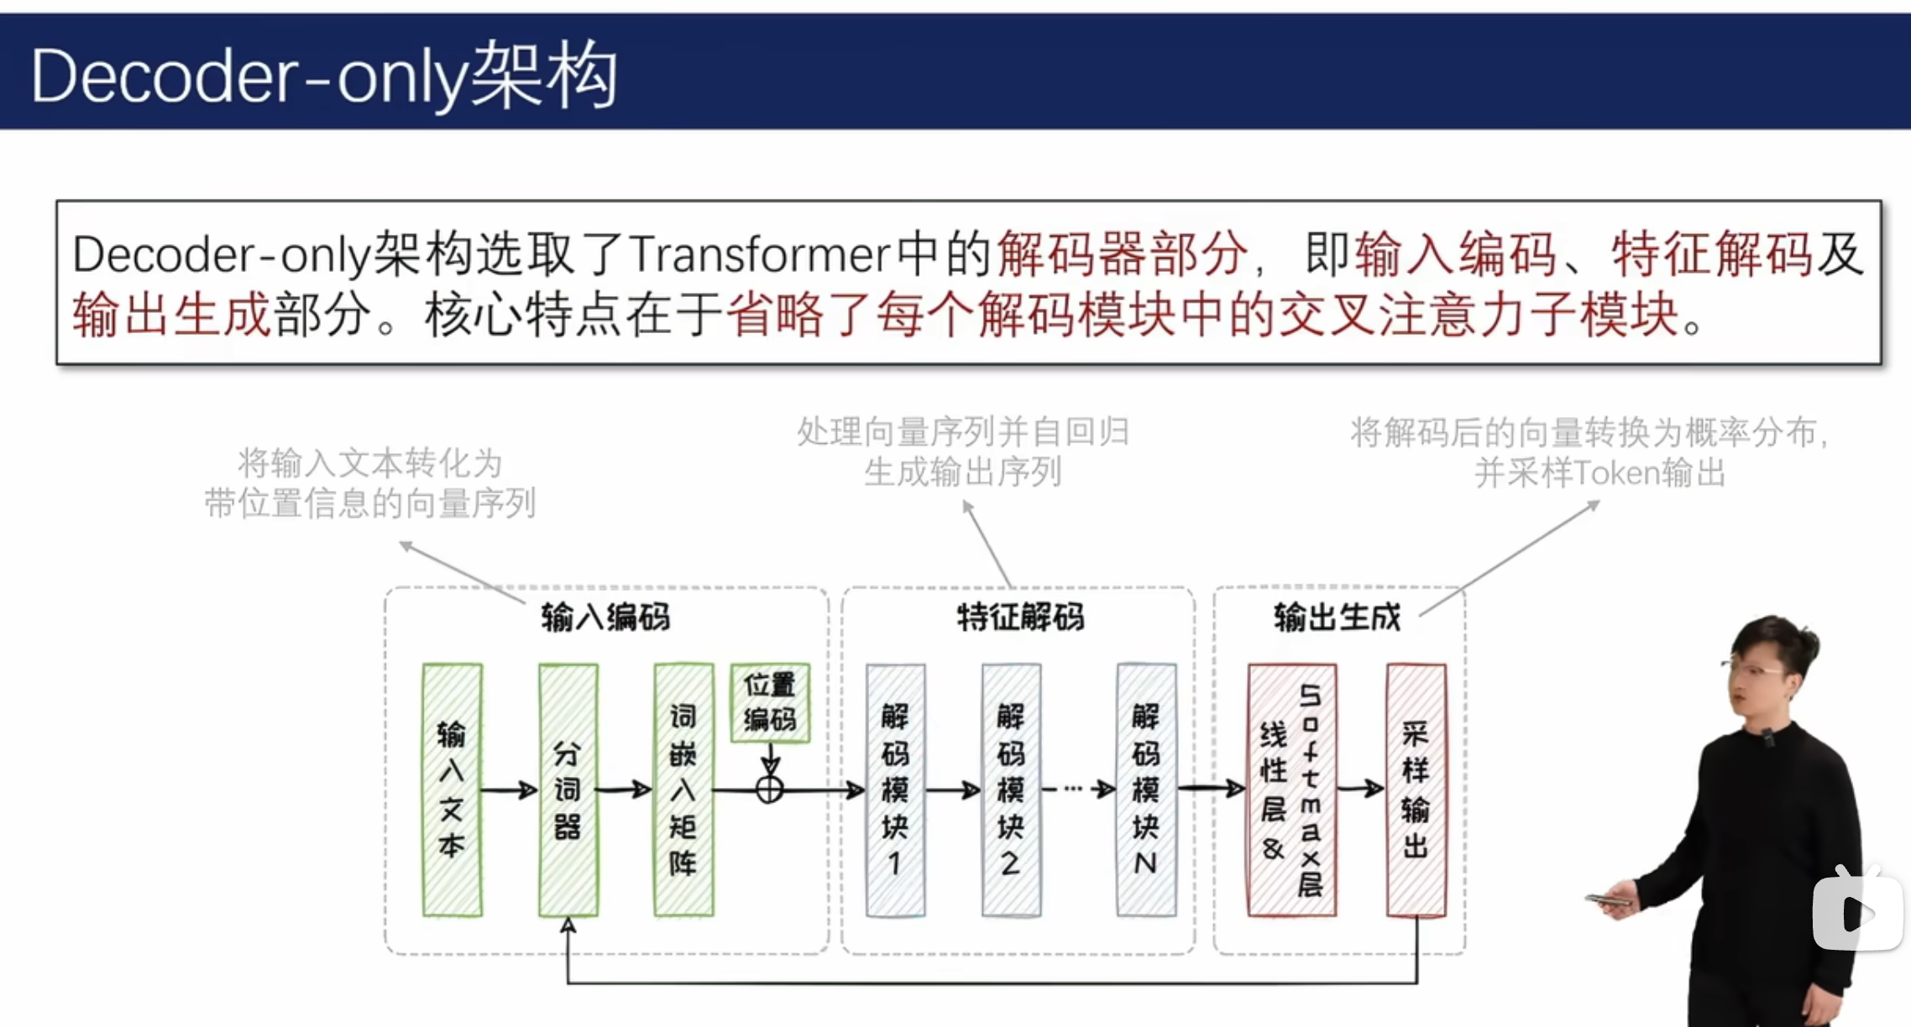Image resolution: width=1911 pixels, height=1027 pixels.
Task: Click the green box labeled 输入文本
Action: (x=453, y=790)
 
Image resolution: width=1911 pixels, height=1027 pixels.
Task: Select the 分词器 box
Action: (x=568, y=790)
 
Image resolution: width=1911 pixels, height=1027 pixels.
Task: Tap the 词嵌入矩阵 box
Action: (x=683, y=790)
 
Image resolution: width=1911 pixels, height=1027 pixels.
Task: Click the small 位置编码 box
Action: (x=770, y=702)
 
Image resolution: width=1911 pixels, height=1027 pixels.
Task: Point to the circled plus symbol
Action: (x=770, y=790)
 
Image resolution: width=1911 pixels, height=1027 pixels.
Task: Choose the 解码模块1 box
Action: (x=896, y=790)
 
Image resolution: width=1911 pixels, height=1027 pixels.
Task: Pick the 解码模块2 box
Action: (x=1011, y=790)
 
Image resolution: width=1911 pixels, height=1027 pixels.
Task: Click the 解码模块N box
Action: (x=1146, y=790)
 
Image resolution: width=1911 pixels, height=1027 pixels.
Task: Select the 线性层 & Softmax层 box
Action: (x=1291, y=790)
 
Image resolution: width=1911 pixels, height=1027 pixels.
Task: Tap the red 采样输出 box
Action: (x=1416, y=790)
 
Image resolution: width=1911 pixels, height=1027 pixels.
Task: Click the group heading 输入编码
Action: (x=605, y=618)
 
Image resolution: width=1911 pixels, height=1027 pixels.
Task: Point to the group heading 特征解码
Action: (x=1020, y=618)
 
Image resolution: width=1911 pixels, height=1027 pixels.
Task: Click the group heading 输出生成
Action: (x=1337, y=618)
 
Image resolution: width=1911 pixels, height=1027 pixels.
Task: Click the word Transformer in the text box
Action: (x=759, y=254)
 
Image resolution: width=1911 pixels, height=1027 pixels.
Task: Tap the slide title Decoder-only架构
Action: (x=324, y=76)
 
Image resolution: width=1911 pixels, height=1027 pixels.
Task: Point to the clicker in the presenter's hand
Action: (x=1608, y=900)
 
